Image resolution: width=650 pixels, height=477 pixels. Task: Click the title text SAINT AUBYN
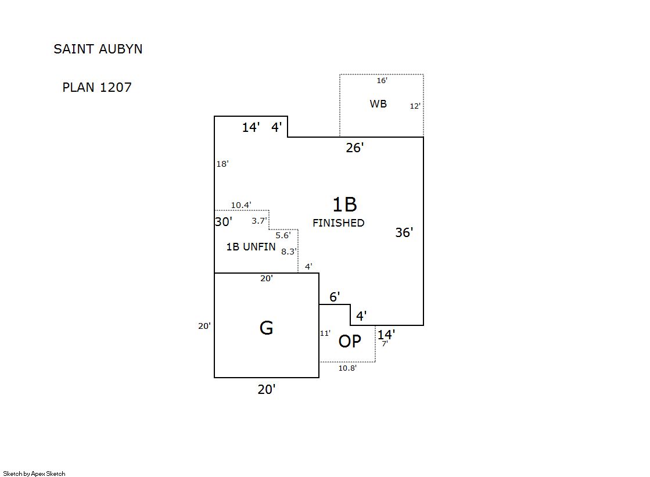click(x=98, y=49)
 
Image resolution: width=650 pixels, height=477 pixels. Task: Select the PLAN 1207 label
click(x=97, y=88)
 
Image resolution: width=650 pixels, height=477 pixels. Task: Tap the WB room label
click(x=378, y=104)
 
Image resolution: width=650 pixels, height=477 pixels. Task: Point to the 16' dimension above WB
click(x=382, y=81)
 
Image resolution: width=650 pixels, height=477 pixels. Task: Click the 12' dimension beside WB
click(x=415, y=106)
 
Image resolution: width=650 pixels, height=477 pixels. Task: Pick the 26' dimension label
click(x=354, y=148)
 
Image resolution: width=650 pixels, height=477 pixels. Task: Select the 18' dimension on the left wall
click(x=222, y=164)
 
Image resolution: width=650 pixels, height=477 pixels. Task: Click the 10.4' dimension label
click(x=241, y=205)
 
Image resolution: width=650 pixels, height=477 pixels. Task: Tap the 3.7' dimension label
click(x=259, y=221)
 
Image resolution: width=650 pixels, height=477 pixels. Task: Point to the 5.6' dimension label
click(x=283, y=235)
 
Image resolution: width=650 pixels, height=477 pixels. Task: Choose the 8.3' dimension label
click(x=289, y=252)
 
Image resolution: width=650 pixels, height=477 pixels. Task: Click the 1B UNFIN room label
click(x=251, y=247)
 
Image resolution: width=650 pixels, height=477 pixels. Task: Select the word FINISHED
click(x=339, y=223)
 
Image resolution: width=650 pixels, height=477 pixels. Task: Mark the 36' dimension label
click(x=404, y=232)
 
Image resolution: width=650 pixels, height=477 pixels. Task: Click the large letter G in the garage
click(x=266, y=328)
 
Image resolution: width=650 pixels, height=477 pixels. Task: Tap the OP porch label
click(x=350, y=342)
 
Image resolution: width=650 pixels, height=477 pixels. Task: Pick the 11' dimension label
click(x=325, y=333)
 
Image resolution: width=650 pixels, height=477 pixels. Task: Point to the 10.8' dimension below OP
click(x=347, y=368)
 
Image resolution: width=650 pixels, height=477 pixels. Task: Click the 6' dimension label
click(x=335, y=297)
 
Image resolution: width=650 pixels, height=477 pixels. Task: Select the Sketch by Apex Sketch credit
click(x=34, y=474)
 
